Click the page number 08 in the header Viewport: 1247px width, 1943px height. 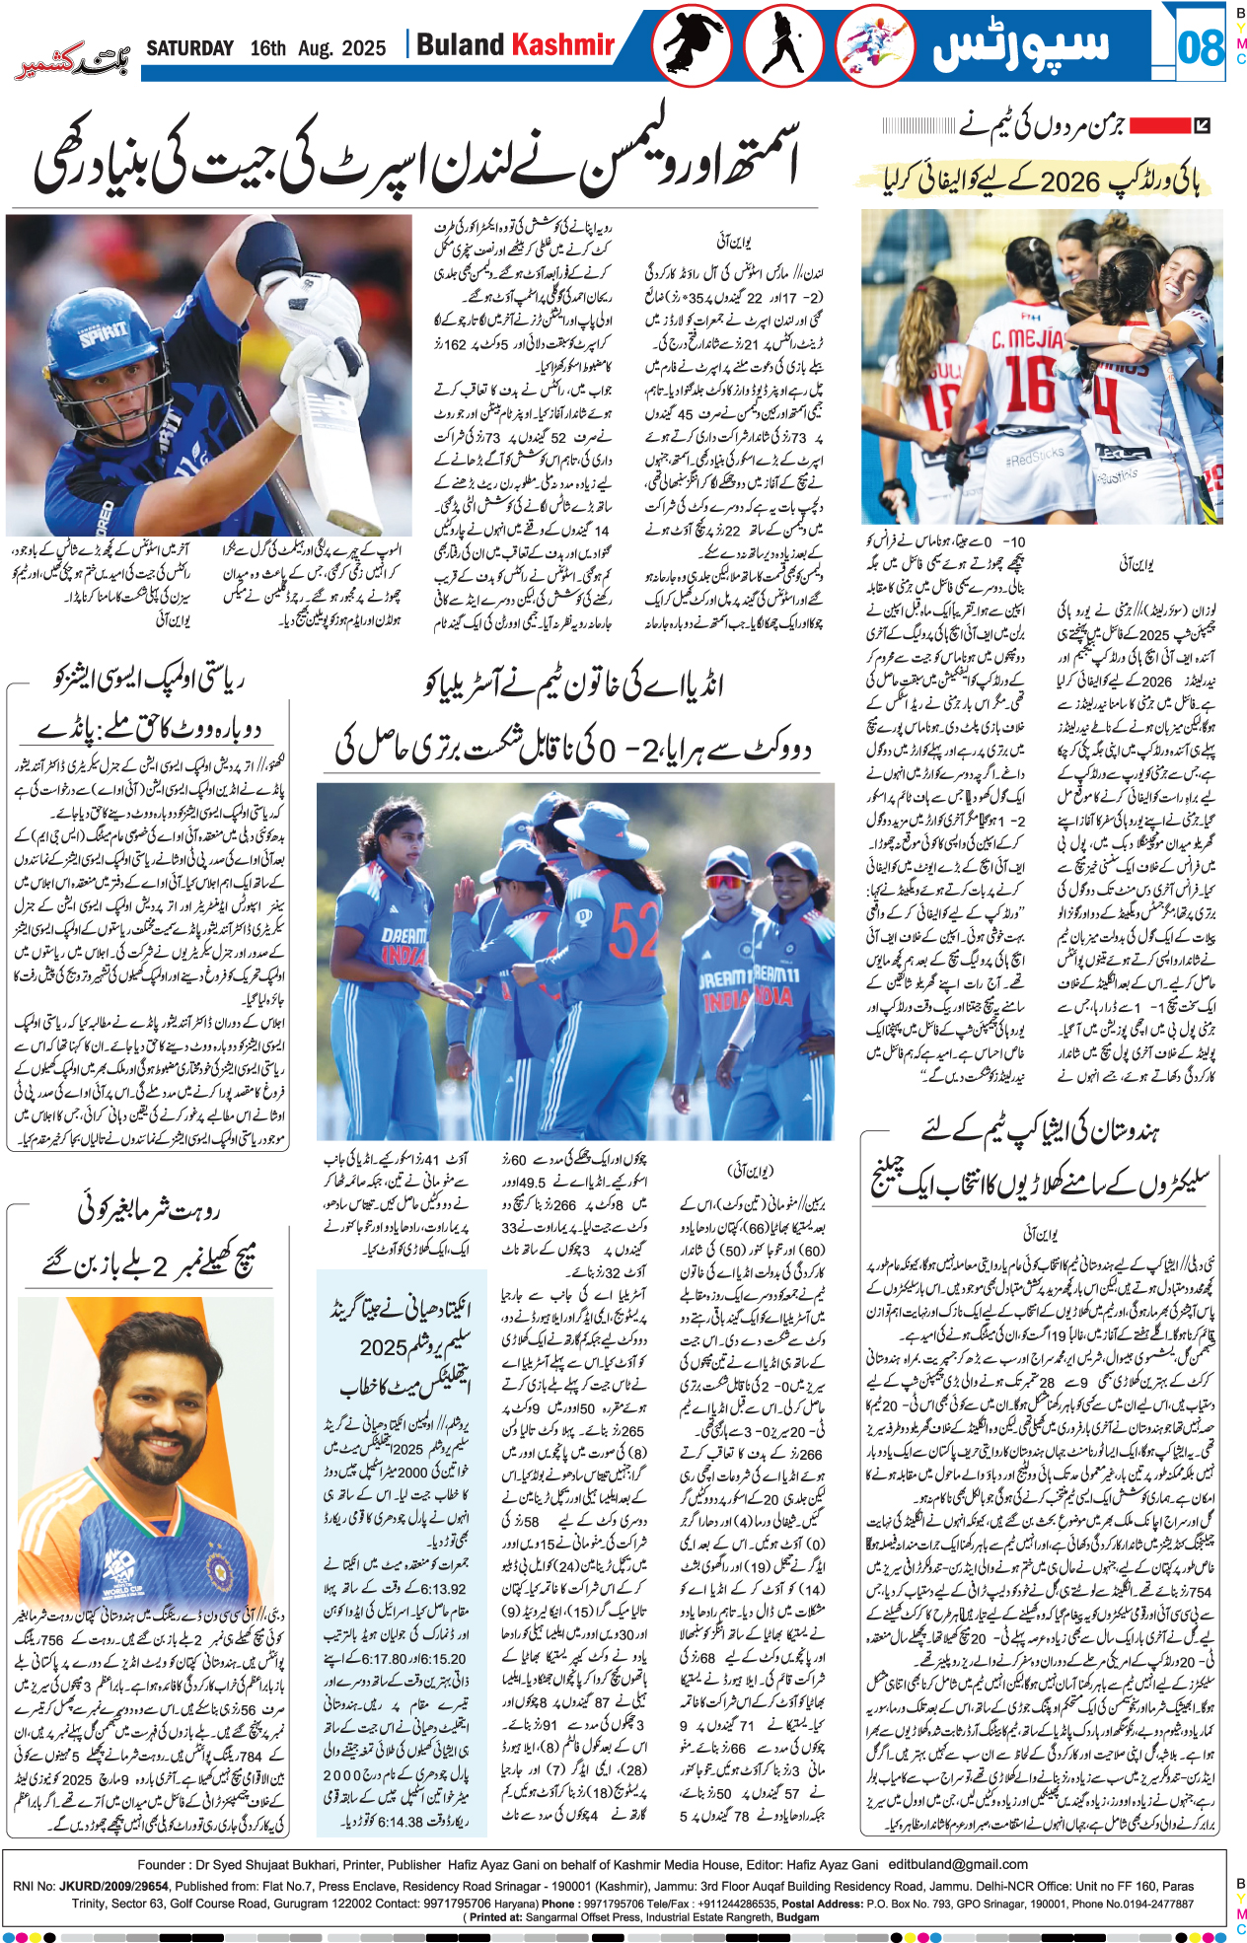click(1200, 46)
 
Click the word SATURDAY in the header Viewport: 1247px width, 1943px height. click(189, 48)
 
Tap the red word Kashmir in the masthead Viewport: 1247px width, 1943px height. click(563, 45)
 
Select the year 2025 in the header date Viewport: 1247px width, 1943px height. click(364, 48)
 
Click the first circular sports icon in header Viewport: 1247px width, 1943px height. click(691, 45)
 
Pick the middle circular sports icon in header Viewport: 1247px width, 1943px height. click(783, 45)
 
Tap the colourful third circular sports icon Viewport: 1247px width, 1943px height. click(874, 45)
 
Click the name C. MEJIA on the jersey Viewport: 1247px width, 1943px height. click(1027, 340)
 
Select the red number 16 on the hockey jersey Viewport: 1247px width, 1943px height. click(1030, 384)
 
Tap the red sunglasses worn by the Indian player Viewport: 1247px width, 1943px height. click(725, 880)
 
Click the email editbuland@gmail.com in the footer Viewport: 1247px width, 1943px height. click(957, 1864)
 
